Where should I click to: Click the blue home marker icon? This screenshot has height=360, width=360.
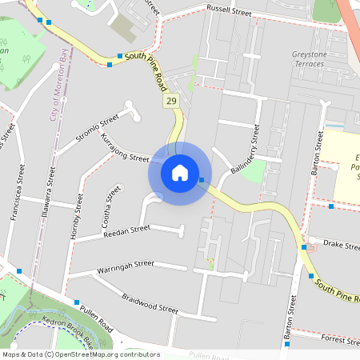click(x=180, y=173)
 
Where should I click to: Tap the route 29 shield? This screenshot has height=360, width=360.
click(x=171, y=102)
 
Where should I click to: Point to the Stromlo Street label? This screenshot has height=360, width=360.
click(x=98, y=129)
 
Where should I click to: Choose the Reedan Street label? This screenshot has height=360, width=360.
click(x=127, y=231)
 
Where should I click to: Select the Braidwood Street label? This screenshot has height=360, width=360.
click(x=150, y=303)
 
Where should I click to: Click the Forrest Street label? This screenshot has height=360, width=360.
click(x=340, y=339)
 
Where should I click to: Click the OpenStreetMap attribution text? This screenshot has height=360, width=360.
click(x=80, y=354)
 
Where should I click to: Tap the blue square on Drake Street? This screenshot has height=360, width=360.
click(x=304, y=247)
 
